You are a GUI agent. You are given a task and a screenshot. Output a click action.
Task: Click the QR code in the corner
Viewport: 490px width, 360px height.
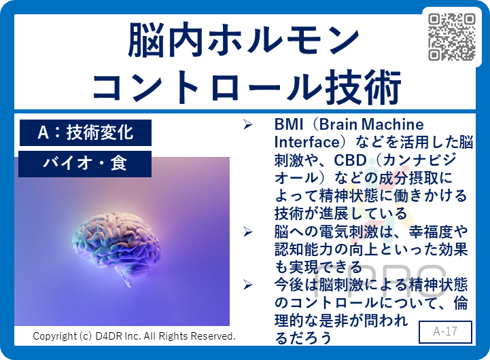pyautogui.click(x=452, y=36)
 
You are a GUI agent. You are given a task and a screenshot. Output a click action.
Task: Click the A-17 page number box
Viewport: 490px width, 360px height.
pyautogui.click(x=445, y=332)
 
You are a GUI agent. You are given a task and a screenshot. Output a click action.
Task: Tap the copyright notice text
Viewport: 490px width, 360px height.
pyautogui.click(x=135, y=336)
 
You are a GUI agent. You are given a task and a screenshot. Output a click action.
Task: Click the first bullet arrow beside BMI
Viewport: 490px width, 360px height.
pyautogui.click(x=248, y=125)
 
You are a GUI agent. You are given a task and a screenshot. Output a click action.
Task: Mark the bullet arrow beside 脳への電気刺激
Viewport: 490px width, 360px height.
pyautogui.click(x=248, y=232)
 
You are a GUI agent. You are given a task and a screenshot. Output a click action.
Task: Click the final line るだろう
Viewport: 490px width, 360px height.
pyautogui.click(x=303, y=337)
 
